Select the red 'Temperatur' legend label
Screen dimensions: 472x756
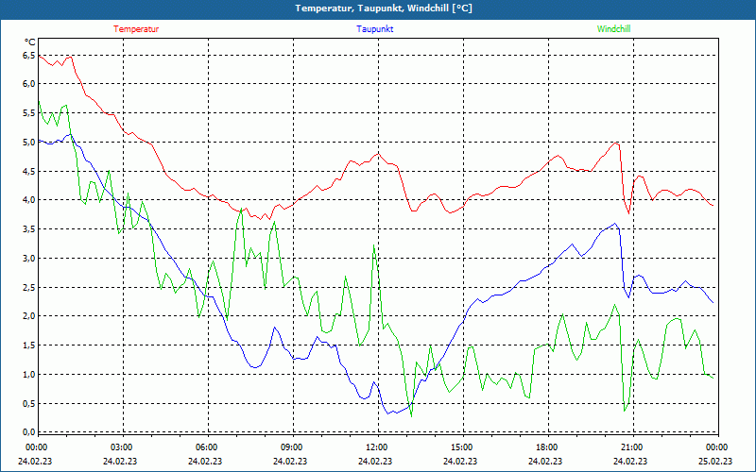tap(136, 29)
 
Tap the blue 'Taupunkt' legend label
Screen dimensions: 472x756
tap(375, 29)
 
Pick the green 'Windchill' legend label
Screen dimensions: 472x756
tap(613, 29)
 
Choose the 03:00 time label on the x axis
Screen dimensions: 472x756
tap(121, 447)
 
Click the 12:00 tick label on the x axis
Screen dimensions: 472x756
tap(376, 447)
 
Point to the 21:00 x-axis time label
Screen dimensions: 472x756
tap(631, 447)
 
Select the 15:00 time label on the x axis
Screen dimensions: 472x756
tap(461, 447)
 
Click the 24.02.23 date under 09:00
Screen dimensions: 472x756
tap(290, 462)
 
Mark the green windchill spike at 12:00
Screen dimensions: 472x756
tap(374, 246)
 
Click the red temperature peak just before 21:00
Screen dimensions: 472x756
tap(616, 143)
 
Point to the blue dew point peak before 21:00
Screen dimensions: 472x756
tap(615, 224)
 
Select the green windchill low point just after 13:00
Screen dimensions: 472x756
tap(410, 414)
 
